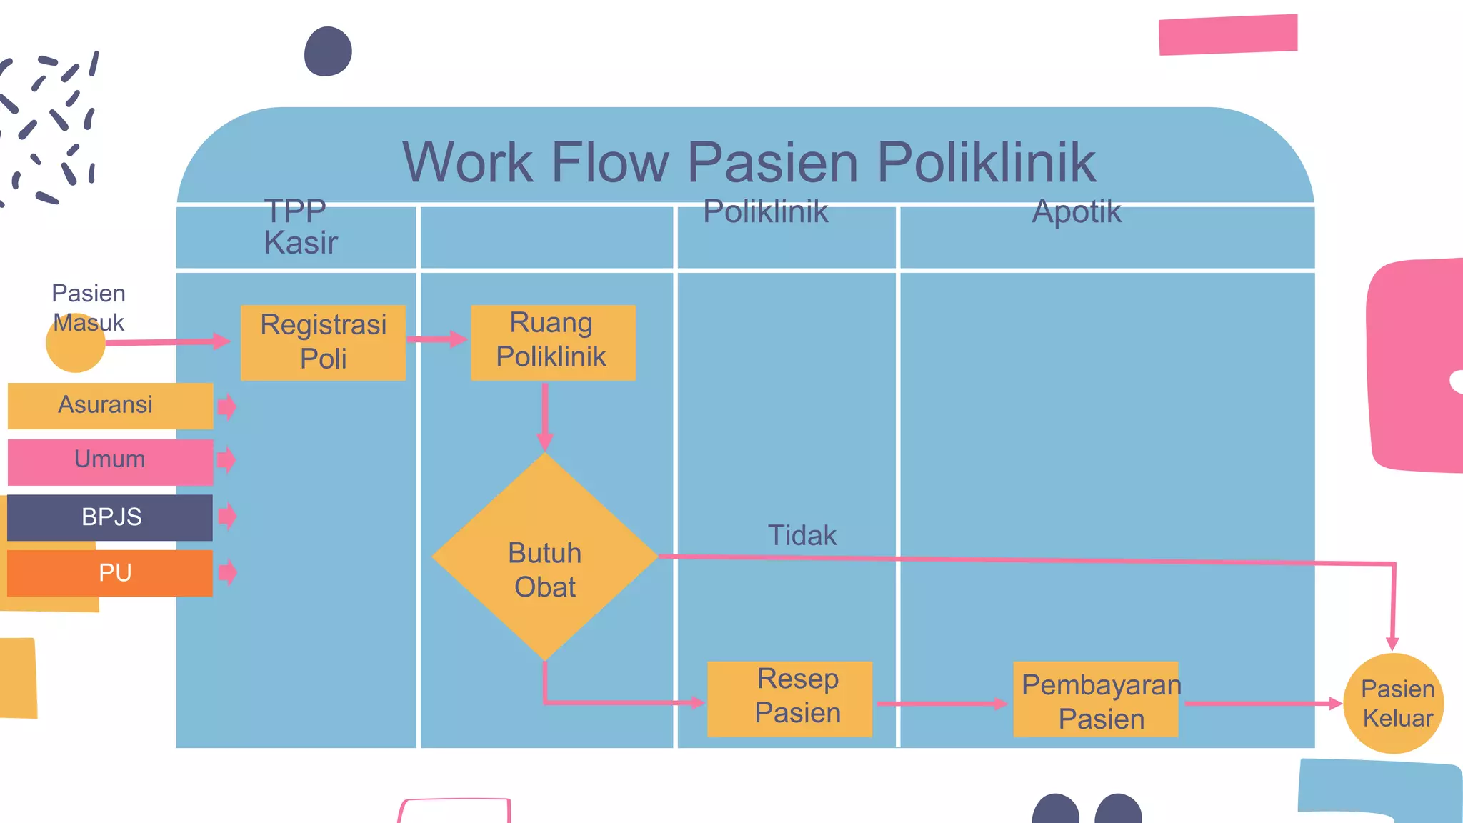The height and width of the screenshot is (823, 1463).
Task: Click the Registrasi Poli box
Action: click(x=323, y=342)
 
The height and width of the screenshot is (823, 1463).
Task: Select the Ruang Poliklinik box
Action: click(x=552, y=342)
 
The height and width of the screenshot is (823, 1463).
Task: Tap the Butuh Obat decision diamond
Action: click(x=544, y=557)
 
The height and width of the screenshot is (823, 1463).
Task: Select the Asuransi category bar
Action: click(x=110, y=406)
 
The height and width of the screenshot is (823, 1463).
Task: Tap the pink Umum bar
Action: click(x=110, y=461)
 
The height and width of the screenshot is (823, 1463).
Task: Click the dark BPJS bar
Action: click(x=110, y=517)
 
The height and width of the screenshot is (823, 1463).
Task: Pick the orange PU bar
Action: click(x=110, y=573)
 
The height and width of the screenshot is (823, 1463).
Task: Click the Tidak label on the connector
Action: click(x=802, y=535)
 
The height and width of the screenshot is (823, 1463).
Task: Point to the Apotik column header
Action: click(x=1077, y=212)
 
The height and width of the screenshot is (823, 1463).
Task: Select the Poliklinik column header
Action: click(x=765, y=212)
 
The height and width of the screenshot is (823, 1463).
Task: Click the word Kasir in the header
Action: click(x=300, y=243)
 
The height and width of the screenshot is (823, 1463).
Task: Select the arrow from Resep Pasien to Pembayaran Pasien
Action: click(x=942, y=704)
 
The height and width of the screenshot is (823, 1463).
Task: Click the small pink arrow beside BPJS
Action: click(x=227, y=515)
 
